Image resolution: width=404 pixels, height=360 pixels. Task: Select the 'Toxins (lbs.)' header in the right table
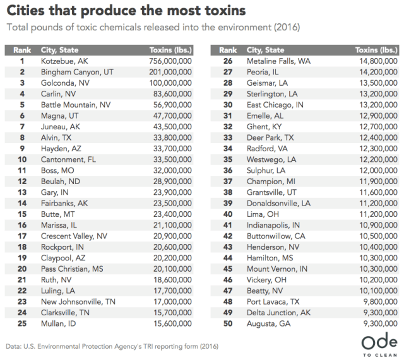click(x=376, y=50)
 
